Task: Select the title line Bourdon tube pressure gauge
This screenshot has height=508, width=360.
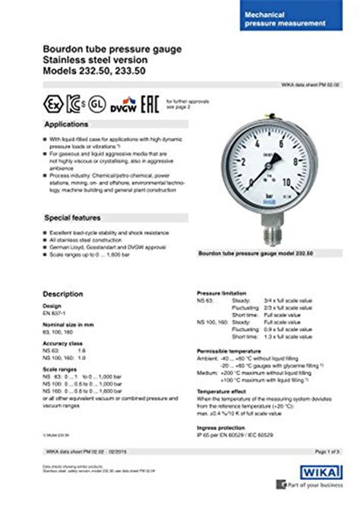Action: point(112,49)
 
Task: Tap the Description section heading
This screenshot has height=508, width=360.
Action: point(62,292)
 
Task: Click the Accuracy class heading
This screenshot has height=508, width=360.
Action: point(62,342)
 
